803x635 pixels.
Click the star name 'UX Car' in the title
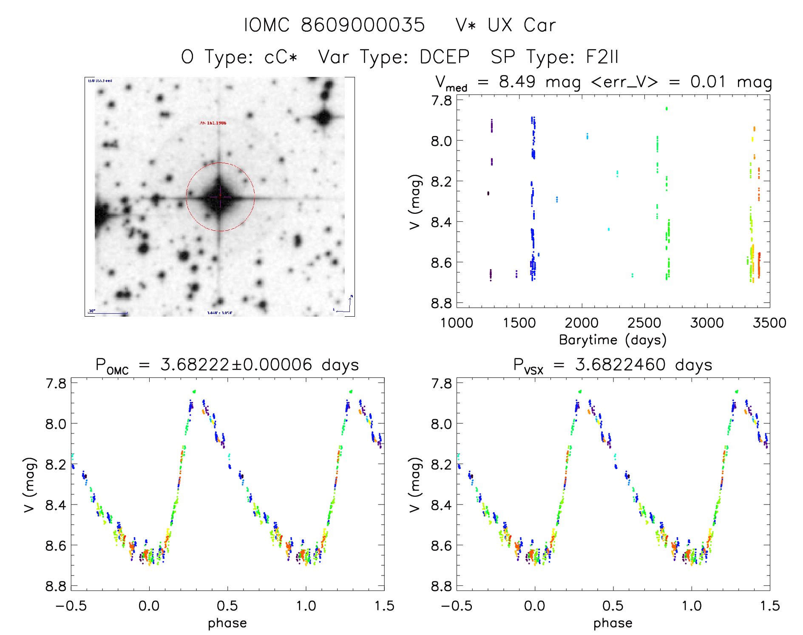[x=522, y=25]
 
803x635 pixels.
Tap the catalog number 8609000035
[x=363, y=25]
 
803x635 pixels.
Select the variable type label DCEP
[x=444, y=57]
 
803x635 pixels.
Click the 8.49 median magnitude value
[x=517, y=82]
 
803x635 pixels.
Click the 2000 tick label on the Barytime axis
[x=582, y=323]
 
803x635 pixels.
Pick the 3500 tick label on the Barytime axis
[x=769, y=323]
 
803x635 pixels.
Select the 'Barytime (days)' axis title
[x=613, y=340]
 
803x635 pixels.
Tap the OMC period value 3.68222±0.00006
[x=236, y=365]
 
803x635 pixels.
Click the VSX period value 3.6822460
[x=620, y=365]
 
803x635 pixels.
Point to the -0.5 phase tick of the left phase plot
[x=71, y=606]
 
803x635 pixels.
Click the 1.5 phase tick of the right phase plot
[x=769, y=606]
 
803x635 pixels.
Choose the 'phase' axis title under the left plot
[x=227, y=623]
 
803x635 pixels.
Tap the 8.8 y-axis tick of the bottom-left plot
[x=56, y=586]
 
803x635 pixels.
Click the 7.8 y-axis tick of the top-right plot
[x=442, y=100]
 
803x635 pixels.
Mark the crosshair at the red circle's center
[x=220, y=197]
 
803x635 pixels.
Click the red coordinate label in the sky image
[x=213, y=123]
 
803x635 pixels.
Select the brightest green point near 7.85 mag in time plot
[x=667, y=108]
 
